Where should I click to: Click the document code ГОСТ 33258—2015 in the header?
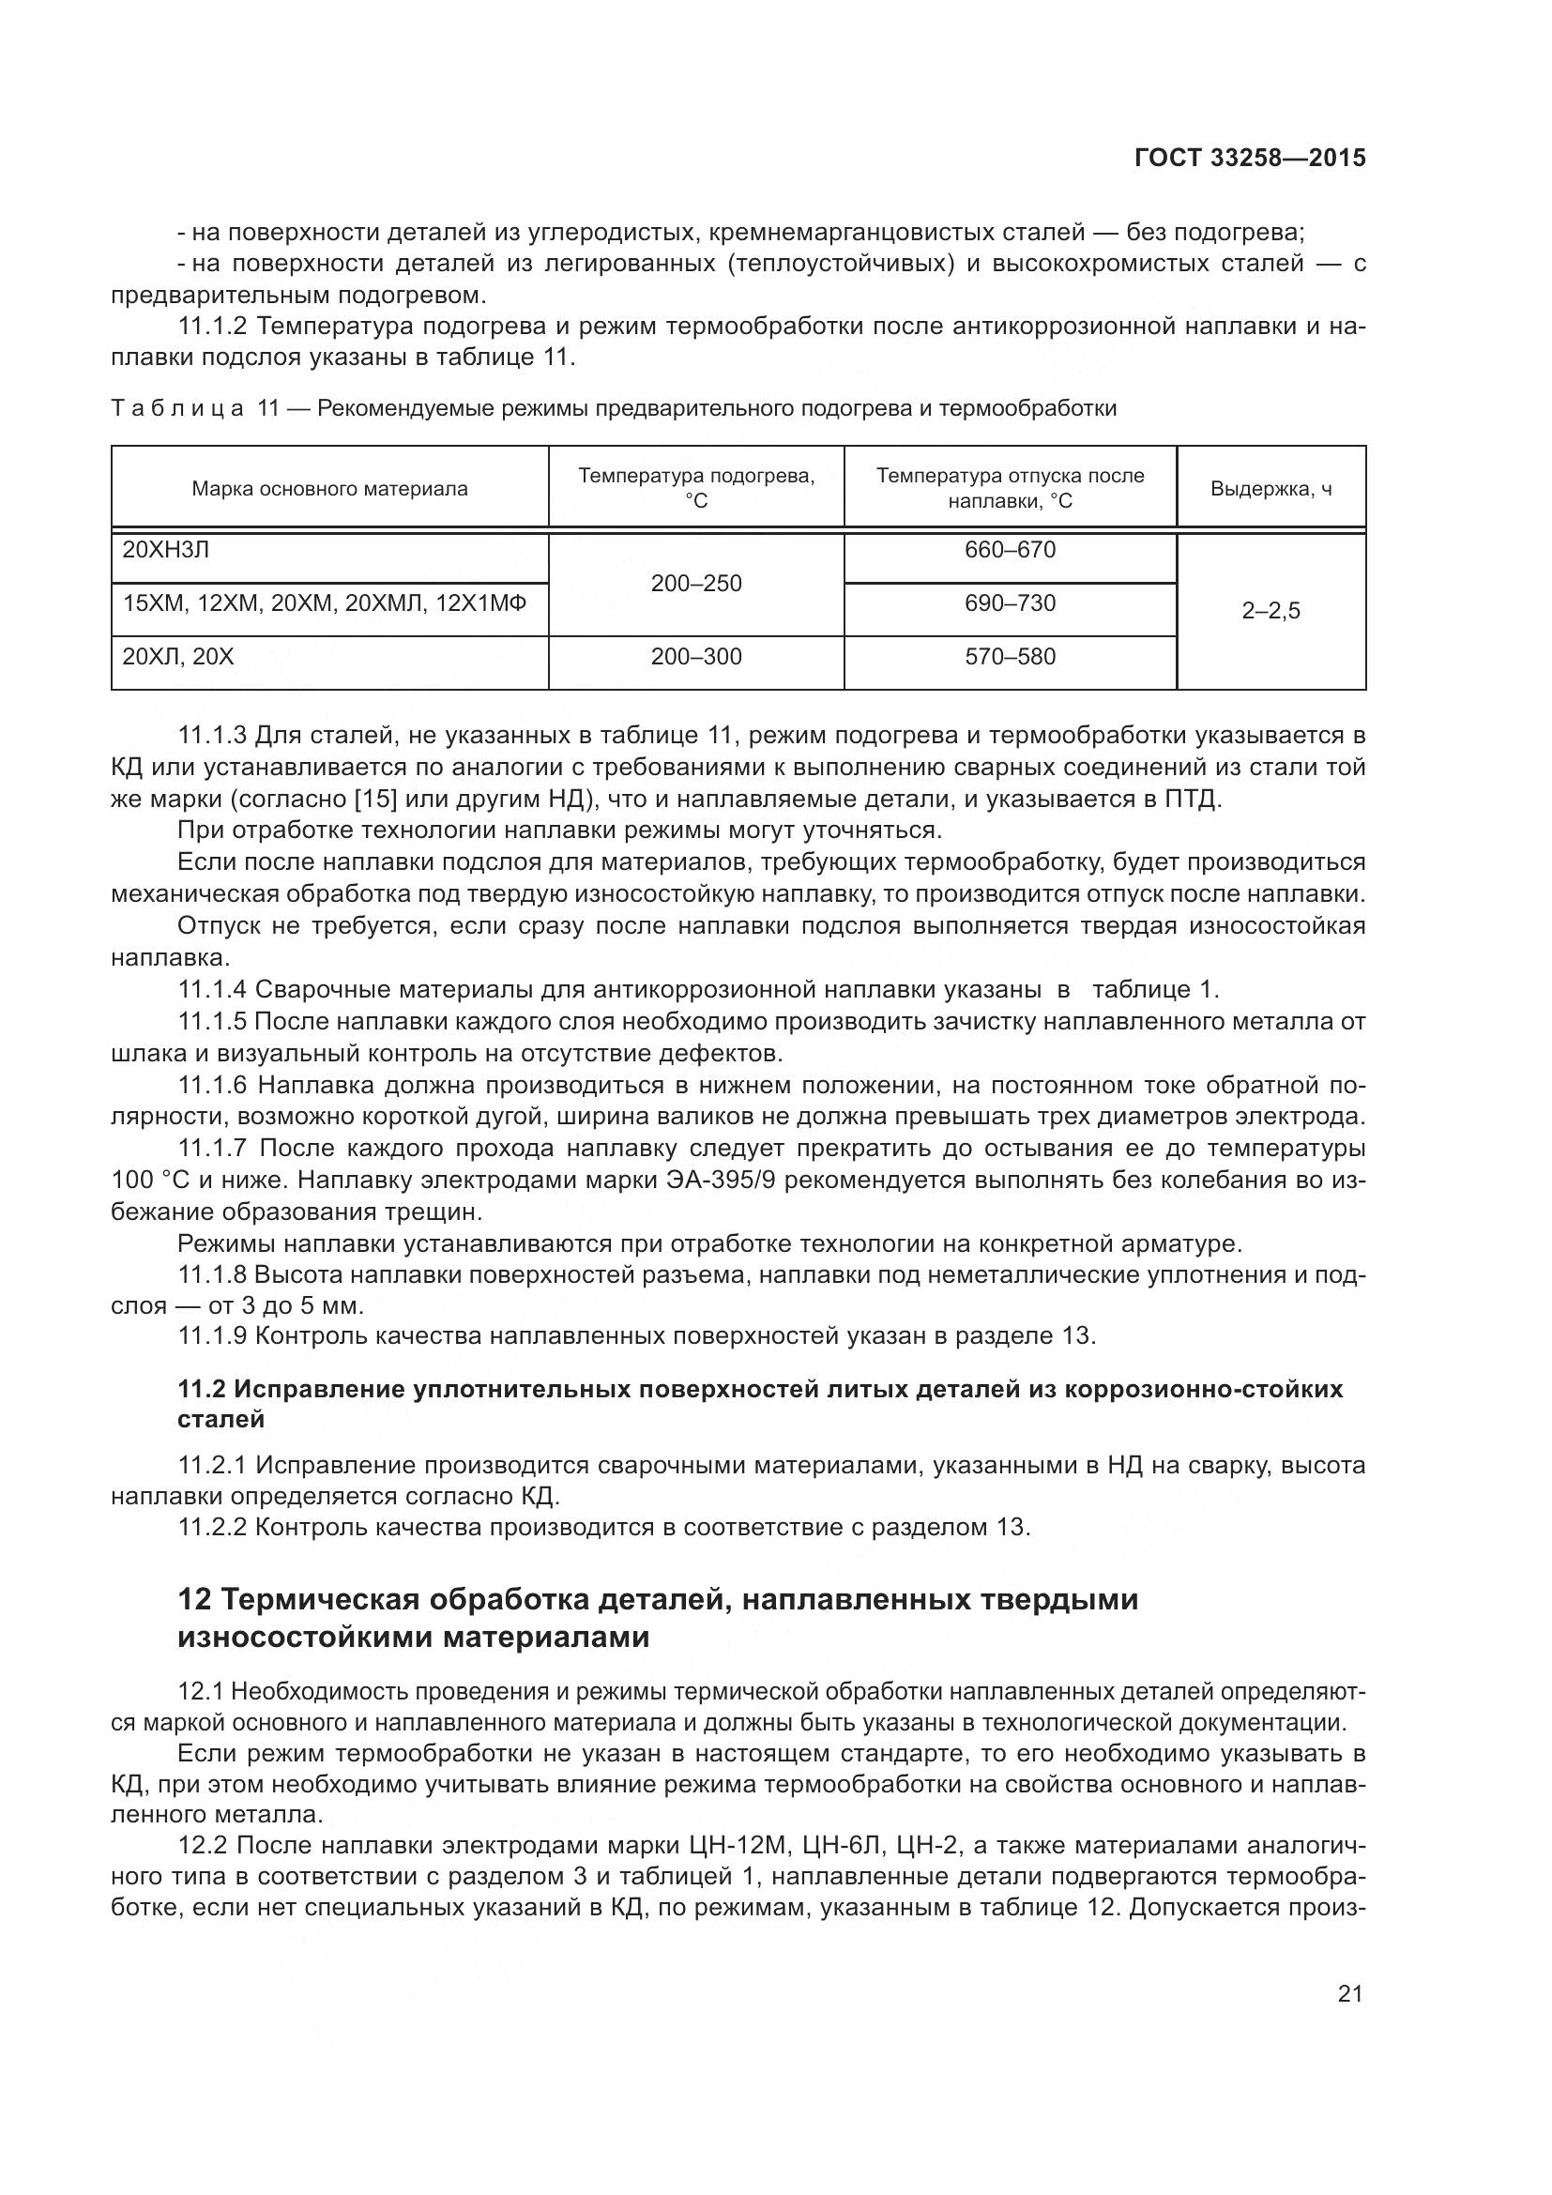[x=1249, y=158]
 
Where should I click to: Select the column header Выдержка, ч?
[x=1271, y=489]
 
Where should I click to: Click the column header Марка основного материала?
[x=329, y=489]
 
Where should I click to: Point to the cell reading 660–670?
[x=1010, y=550]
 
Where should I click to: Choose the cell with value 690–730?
[x=1010, y=603]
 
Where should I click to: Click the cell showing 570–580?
[x=1010, y=657]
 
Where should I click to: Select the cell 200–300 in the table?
[x=695, y=657]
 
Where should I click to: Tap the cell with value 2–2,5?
[x=1271, y=611]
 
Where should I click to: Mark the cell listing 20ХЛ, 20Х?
[x=178, y=657]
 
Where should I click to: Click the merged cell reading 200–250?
[x=695, y=583]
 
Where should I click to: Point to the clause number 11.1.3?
[x=212, y=736]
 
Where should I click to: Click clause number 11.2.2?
[x=212, y=1527]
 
